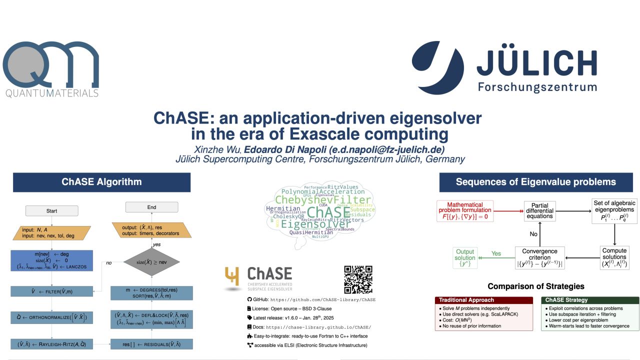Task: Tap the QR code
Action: click(358, 279)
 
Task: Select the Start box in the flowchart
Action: click(51, 211)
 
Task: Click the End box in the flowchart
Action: click(151, 207)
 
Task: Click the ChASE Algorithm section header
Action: click(101, 182)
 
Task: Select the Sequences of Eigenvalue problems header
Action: click(535, 182)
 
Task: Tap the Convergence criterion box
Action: click(539, 257)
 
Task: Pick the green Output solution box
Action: click(465, 257)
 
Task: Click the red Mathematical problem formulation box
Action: click(464, 211)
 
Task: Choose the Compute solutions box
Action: click(614, 257)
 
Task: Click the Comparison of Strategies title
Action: click(535, 286)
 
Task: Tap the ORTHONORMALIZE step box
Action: click(51, 317)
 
